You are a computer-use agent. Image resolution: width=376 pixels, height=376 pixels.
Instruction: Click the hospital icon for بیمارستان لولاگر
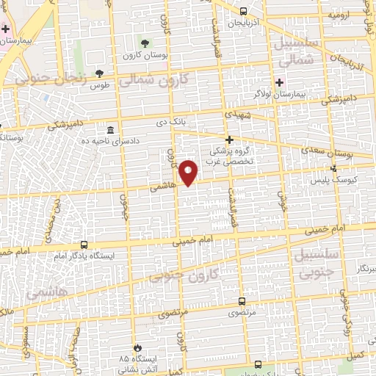278,82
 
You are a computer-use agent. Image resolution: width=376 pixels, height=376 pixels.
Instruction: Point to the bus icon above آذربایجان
244,11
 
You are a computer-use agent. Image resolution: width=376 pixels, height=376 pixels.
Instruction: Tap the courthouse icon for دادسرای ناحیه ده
110,129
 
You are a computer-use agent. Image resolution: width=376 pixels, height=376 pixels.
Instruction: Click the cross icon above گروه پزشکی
229,140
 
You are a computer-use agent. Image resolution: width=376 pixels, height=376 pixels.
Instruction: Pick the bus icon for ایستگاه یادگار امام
84,245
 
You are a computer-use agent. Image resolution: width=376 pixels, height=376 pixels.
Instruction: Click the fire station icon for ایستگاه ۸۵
136,348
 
